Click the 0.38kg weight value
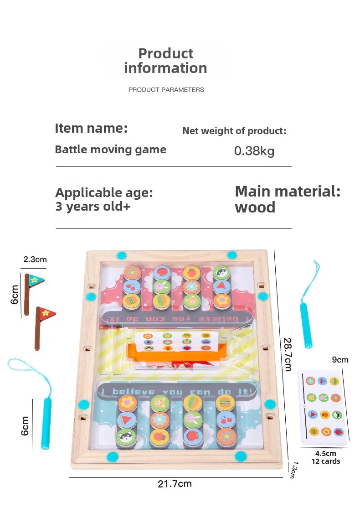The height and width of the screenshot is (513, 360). (x=254, y=151)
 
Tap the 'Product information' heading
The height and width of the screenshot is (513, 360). (x=165, y=61)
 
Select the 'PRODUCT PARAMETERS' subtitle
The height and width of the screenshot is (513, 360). (x=166, y=90)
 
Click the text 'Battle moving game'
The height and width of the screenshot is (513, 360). (x=110, y=150)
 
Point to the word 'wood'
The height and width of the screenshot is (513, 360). (x=255, y=207)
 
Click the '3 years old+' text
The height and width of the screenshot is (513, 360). (x=93, y=207)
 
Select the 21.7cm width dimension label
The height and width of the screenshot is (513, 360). (x=175, y=484)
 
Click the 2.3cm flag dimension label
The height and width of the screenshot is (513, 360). (x=35, y=259)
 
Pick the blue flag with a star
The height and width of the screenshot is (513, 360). (x=35, y=280)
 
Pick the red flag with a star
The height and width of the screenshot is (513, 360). (x=46, y=314)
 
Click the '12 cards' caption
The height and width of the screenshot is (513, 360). (x=326, y=461)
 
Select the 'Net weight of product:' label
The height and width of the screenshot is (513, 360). (x=234, y=131)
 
